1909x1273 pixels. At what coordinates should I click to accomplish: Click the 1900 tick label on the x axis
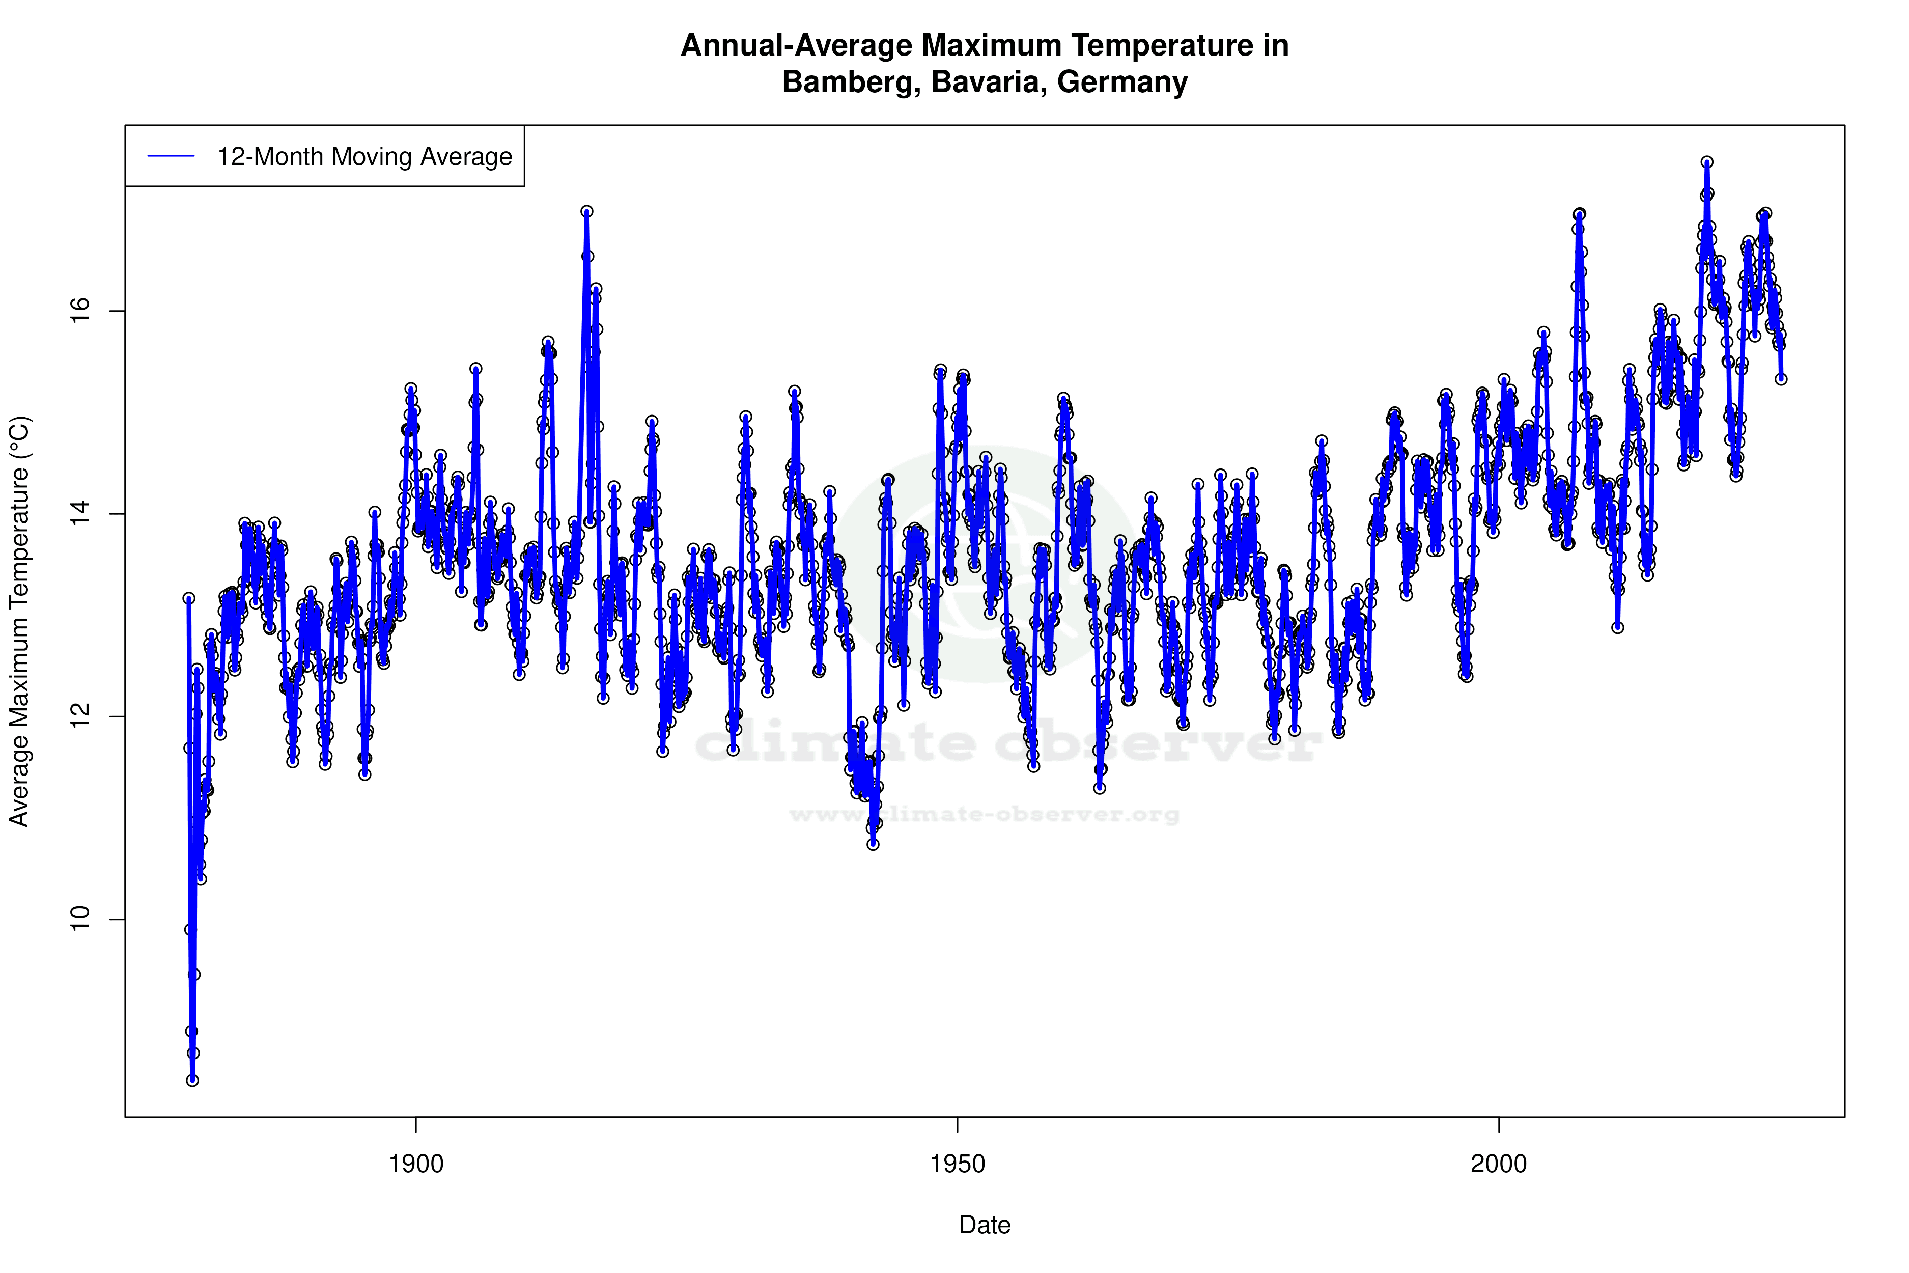416,1164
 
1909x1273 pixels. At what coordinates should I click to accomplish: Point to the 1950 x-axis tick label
958,1164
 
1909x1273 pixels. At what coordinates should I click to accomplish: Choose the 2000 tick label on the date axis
1498,1164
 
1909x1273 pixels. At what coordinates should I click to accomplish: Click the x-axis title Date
985,1225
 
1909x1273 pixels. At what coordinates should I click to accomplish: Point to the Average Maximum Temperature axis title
19,621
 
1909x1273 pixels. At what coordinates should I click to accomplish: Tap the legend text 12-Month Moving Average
364,157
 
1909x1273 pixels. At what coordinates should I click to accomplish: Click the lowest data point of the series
192,1081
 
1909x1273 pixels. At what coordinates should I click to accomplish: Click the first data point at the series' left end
188,598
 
